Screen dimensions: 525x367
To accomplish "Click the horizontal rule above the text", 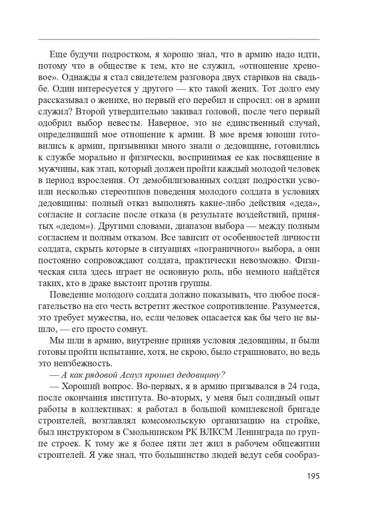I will tap(179, 39).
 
